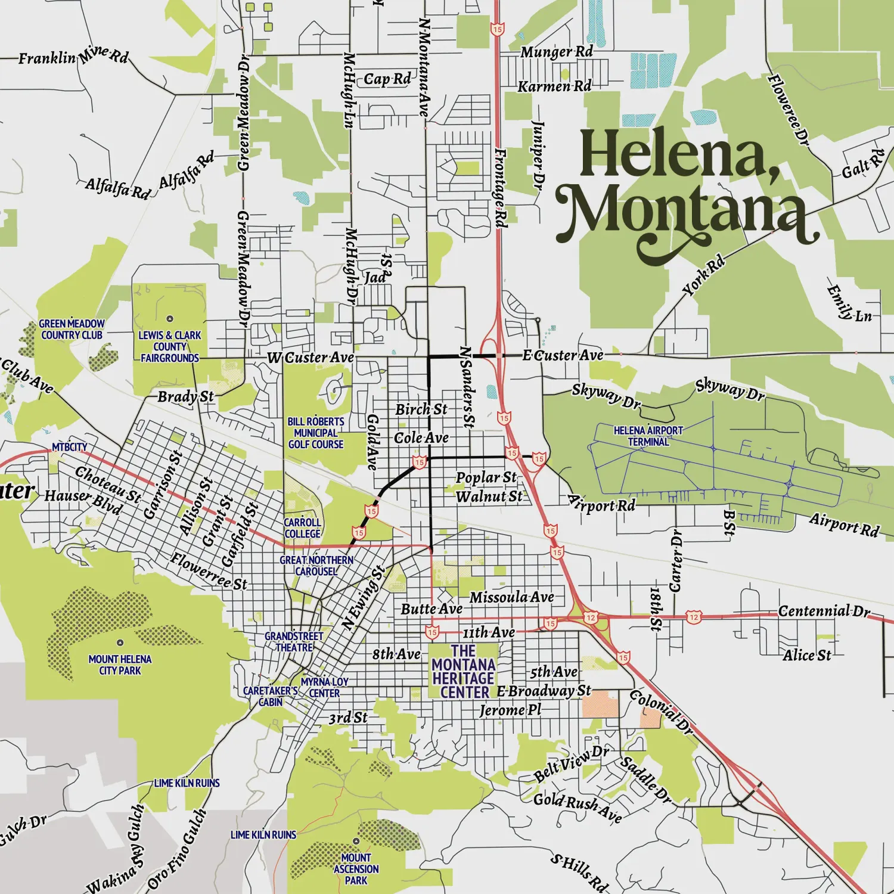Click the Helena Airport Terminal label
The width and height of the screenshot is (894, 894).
(648, 436)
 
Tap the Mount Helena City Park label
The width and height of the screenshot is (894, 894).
(120, 665)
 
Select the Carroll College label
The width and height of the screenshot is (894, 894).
(302, 528)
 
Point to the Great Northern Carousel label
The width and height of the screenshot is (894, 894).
(316, 566)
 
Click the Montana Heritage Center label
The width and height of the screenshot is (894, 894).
(464, 672)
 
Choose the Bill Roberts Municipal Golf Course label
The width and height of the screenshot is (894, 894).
(316, 433)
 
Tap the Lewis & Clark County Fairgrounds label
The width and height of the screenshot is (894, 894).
(170, 346)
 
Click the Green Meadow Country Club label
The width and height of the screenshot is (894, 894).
(72, 329)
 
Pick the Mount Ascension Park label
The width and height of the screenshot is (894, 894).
(356, 869)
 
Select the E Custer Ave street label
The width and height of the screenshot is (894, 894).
(563, 356)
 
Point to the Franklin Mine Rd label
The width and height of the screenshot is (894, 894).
(73, 57)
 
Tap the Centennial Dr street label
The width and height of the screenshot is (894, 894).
(824, 611)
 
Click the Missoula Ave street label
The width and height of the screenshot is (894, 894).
(511, 597)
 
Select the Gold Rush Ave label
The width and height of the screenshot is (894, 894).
(577, 808)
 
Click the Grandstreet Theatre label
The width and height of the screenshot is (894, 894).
(294, 642)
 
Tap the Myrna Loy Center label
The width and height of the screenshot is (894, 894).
(324, 687)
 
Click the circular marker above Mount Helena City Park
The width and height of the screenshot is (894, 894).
(120, 643)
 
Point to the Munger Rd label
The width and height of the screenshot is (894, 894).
(556, 52)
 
